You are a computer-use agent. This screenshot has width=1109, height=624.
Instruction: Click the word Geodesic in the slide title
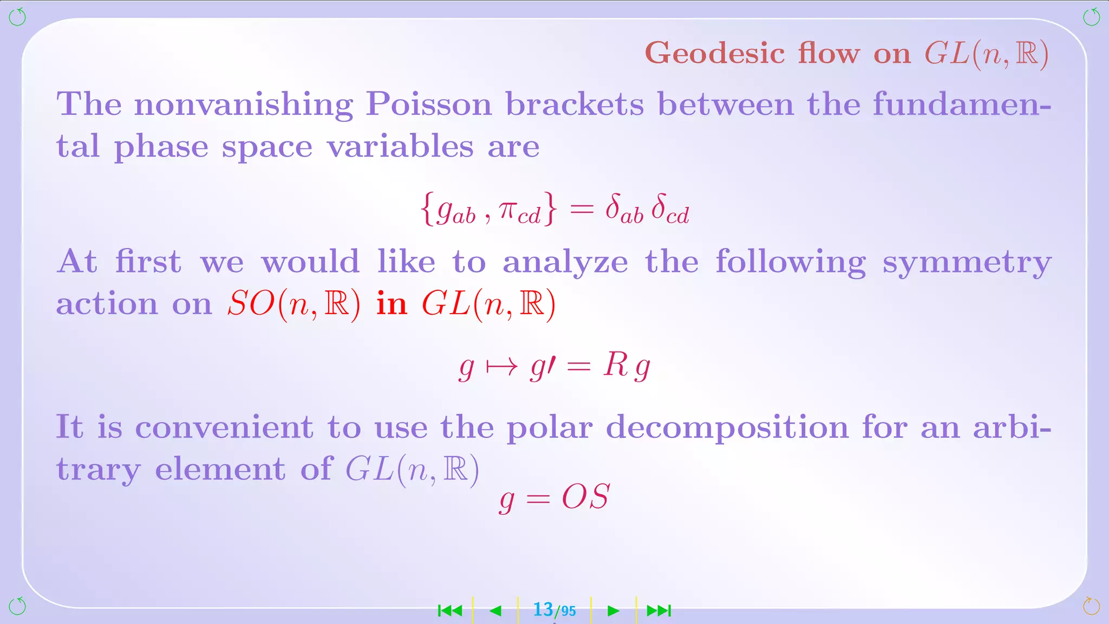(715, 53)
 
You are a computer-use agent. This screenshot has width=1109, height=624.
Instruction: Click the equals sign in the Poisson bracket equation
(582, 210)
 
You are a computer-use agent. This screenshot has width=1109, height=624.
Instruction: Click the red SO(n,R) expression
(293, 304)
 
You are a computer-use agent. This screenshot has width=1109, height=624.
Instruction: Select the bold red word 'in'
(392, 304)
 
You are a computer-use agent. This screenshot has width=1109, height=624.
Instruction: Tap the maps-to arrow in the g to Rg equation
(501, 367)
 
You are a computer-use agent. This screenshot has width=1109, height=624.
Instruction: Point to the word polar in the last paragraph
(549, 428)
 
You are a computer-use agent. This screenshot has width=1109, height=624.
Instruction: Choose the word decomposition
(727, 428)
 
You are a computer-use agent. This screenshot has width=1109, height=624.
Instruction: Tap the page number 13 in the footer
(543, 610)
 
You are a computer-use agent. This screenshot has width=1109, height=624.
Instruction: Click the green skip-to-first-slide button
(450, 611)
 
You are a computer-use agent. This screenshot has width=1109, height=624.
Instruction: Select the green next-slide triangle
(613, 611)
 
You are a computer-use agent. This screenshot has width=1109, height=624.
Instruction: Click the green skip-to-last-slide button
(659, 611)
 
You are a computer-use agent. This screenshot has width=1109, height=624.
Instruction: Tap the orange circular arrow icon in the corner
(1091, 606)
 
